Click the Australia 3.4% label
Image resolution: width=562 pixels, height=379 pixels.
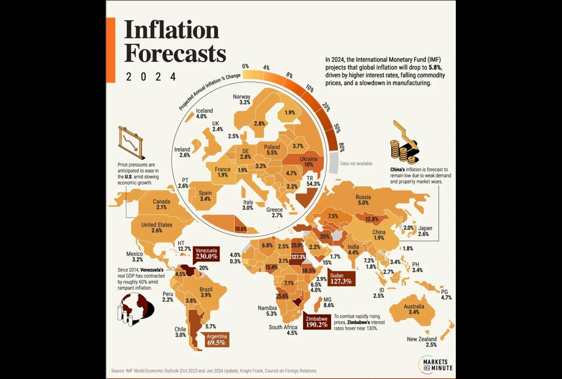pos(414,308)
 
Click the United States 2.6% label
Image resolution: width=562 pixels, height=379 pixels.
pos(157,227)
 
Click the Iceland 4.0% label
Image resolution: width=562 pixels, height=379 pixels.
pos(205,113)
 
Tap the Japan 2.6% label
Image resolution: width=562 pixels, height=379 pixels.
pos(424,231)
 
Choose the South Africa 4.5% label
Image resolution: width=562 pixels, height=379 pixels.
pos(283,330)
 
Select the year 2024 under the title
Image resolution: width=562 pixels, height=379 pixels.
pos(151,76)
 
